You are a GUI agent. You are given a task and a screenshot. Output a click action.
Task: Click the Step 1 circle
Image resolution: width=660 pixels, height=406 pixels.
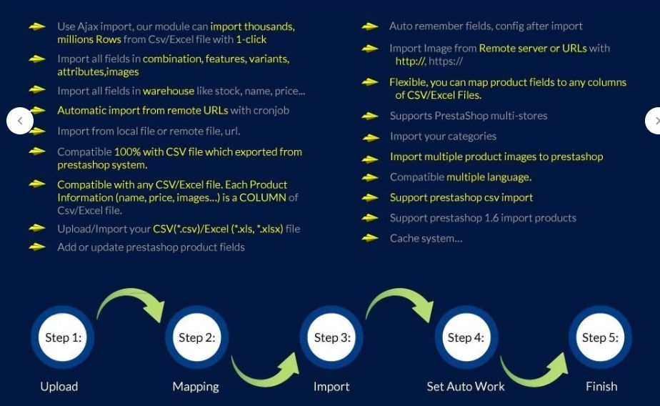coord(63,337)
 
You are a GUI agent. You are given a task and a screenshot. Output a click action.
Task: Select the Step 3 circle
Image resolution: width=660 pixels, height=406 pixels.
coord(331,337)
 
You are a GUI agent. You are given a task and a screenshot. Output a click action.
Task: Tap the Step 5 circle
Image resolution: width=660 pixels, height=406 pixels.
coord(600,337)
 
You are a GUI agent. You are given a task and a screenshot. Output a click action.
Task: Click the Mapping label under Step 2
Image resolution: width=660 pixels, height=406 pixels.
coord(196,387)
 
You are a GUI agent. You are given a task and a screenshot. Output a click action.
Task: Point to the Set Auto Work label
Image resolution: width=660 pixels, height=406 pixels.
coord(466,386)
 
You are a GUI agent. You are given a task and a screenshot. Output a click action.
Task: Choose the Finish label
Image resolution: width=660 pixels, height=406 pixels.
coord(601,386)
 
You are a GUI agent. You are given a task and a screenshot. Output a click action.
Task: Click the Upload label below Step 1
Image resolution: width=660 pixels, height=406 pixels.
coord(59,387)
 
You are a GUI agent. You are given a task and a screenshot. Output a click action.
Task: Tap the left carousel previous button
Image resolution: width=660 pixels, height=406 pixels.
coord(20,121)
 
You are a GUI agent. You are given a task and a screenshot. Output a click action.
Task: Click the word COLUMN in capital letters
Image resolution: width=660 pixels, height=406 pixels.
coord(263,197)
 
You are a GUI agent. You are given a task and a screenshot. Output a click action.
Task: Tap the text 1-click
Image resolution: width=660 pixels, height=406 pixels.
coord(251,39)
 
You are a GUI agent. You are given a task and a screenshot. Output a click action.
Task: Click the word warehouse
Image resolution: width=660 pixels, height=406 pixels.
coord(169,91)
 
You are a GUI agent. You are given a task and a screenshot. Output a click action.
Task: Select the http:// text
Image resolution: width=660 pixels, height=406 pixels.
coord(411,61)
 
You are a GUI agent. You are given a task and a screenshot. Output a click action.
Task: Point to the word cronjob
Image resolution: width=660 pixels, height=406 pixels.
coord(271,111)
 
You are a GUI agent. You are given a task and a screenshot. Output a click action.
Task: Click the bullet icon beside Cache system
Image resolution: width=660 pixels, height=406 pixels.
coord(369,238)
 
